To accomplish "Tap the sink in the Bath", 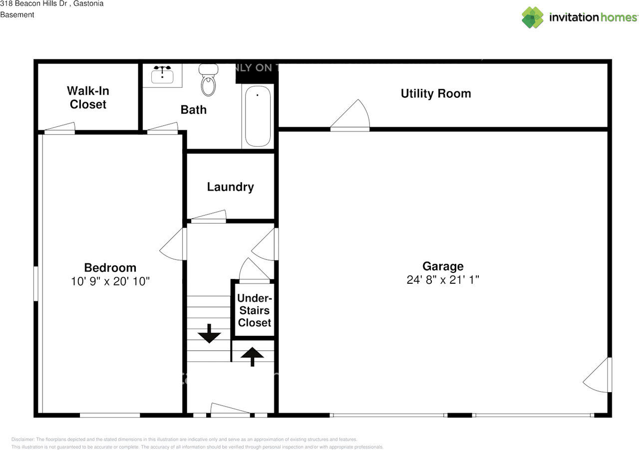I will pos(162,76).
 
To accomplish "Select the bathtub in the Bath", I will pos(257,116).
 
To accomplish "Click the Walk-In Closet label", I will pos(88,98).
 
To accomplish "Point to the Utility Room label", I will pos(436,94).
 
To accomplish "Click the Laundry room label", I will pos(230,187).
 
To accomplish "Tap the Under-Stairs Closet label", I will pos(254,310).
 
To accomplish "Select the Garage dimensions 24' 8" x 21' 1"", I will pos(443,280).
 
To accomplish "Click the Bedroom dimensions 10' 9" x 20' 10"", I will pos(110,281).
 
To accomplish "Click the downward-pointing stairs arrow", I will pos(209,334).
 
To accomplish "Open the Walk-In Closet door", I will pos(59,128).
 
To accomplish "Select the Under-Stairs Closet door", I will pos(254,272).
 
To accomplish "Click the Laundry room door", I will pos(209,217).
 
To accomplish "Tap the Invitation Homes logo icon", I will pos(533,17).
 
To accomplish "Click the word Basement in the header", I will pos(17,15).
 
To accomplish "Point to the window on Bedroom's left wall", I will pos(36,283).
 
